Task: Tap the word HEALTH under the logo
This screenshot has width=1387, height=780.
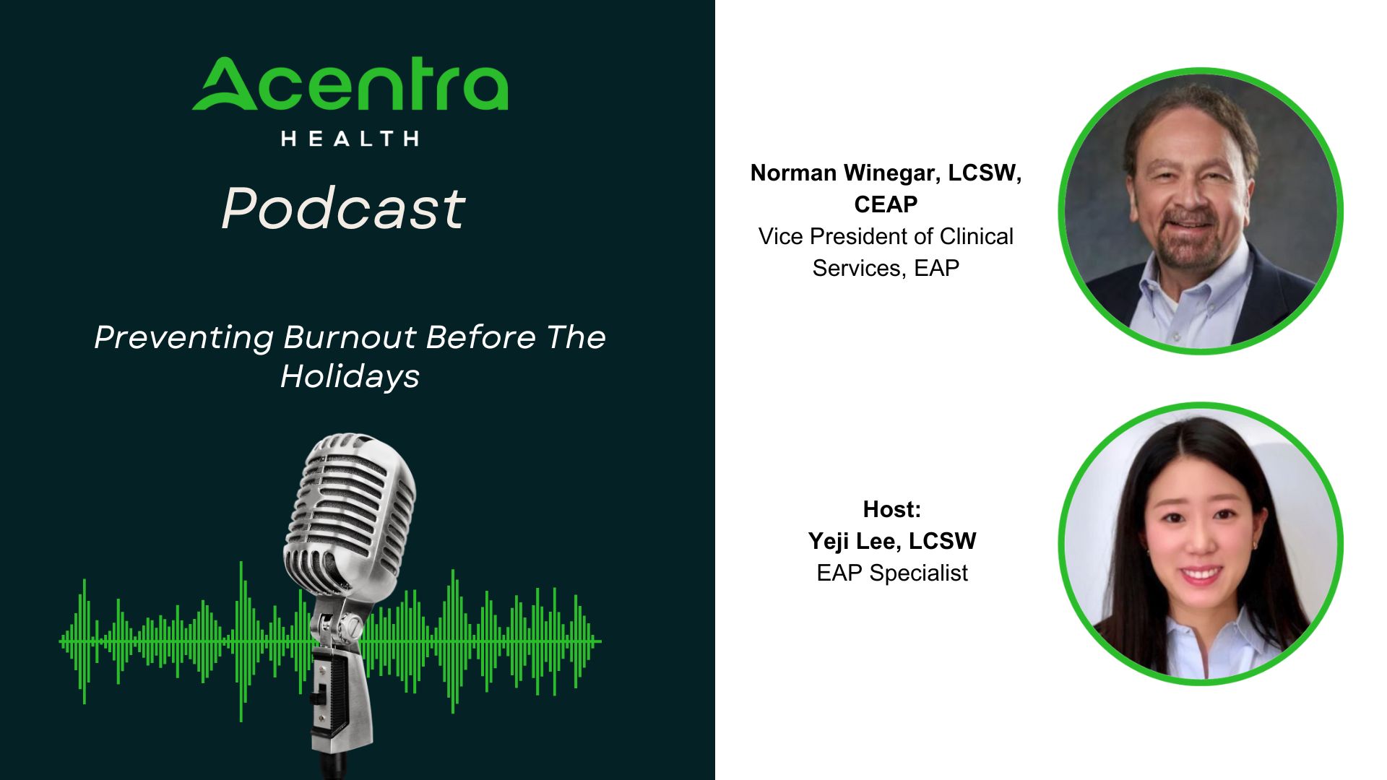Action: click(350, 139)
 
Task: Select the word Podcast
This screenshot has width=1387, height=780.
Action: click(344, 208)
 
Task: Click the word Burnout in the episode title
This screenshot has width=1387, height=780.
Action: click(350, 337)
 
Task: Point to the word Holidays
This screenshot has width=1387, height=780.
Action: click(350, 377)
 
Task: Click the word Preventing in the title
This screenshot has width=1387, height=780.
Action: click(184, 338)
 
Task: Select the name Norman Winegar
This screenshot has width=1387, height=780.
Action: click(844, 173)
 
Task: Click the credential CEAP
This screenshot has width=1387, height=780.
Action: click(886, 204)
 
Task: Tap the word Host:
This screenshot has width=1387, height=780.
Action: click(892, 509)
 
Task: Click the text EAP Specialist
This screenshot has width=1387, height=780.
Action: click(892, 573)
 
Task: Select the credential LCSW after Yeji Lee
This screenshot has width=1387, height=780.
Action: click(943, 541)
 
